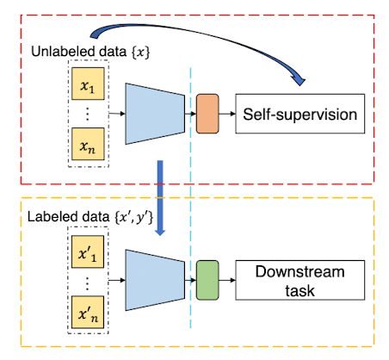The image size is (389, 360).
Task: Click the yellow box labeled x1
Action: (88, 84)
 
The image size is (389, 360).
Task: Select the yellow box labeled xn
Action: (88, 144)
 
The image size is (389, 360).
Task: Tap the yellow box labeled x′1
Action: (88, 251)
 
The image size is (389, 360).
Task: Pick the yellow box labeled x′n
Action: (88, 312)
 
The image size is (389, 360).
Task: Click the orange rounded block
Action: (207, 114)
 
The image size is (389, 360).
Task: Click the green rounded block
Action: (207, 280)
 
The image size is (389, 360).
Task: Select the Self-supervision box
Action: (300, 114)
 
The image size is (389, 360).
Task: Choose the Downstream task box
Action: (300, 280)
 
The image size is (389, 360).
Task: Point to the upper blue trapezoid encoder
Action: (155, 114)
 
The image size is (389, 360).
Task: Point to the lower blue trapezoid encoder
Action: (155, 280)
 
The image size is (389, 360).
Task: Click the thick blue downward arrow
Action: (160, 198)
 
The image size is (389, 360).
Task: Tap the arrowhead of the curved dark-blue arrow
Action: (299, 80)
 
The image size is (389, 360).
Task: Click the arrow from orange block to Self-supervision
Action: (227, 114)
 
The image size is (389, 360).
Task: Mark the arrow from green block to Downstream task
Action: (227, 280)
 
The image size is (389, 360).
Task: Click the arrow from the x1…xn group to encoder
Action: (117, 114)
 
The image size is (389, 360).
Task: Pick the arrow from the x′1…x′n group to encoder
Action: (117, 280)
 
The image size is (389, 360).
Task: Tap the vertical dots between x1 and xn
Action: (88, 114)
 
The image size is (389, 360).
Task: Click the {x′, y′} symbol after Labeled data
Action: (133, 217)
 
